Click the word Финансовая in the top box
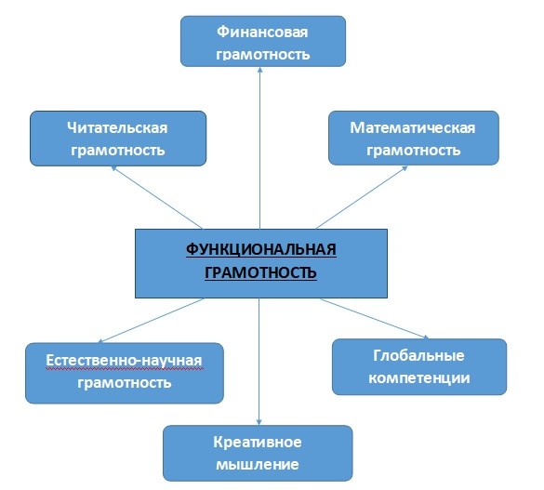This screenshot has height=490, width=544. tap(262, 33)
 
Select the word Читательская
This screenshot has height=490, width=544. tap(117, 128)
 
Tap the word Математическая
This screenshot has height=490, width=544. tap(413, 128)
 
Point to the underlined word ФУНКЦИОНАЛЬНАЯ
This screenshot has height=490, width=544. tap(261, 249)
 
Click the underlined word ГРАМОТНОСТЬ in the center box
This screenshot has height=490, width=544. tap(260, 272)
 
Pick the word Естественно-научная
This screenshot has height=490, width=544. tap(124, 361)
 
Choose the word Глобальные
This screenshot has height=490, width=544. tap(418, 355)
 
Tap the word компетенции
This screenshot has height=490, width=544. tap(419, 378)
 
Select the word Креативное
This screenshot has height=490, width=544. tap(258, 443)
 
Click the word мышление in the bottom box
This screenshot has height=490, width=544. tap(258, 465)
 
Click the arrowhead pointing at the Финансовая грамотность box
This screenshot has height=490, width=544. tap(259, 70)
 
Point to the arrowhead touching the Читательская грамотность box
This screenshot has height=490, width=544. tap(113, 168)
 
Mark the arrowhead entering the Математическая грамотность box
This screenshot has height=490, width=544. tap(405, 168)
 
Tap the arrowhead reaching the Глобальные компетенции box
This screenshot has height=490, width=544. tap(426, 337)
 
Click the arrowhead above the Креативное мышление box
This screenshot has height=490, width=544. tap(259, 422)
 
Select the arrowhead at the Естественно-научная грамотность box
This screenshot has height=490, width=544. tap(100, 341)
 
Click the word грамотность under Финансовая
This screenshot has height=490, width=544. tap(263, 55)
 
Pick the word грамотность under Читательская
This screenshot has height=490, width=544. tap(117, 151)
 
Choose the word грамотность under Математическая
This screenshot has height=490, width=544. tap(413, 151)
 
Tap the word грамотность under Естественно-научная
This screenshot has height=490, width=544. tap(125, 383)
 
